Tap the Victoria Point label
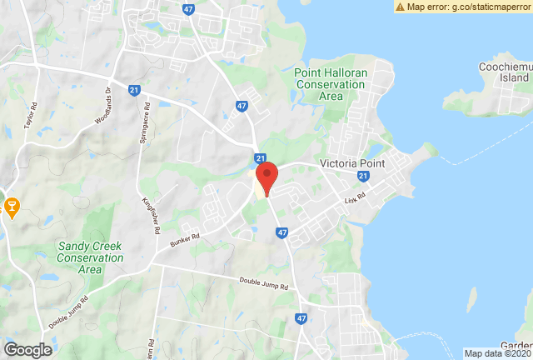tap(353, 163)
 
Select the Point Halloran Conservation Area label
tap(331, 84)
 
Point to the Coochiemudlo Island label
tap(506, 72)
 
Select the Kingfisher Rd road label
tap(152, 213)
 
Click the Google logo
tap(27, 350)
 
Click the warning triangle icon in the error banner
tap(401, 7)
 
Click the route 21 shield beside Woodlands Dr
tap(134, 90)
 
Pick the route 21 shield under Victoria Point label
tap(362, 177)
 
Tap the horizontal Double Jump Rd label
tap(263, 284)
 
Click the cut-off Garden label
tap(516, 345)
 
